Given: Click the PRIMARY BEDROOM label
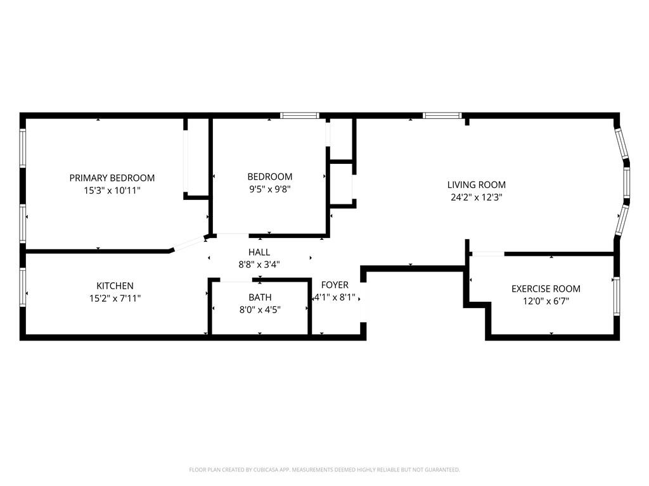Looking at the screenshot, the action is tap(112, 178).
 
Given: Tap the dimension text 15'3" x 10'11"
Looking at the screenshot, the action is tap(112, 190).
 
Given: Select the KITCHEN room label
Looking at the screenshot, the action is tap(115, 286).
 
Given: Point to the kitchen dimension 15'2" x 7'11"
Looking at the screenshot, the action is tap(115, 299).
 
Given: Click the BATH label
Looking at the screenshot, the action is tap(260, 297).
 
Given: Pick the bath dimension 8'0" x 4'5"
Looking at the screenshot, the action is tap(260, 309).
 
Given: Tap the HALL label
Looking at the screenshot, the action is tap(259, 252).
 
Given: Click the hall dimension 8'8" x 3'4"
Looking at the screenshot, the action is tap(259, 265).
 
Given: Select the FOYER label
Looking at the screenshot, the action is tap(335, 285).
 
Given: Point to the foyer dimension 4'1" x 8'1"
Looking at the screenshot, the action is tap(335, 297).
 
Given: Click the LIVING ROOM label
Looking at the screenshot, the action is tap(477, 185).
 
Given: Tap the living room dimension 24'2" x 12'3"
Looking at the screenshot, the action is tap(477, 197).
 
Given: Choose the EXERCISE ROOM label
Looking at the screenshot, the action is tap(546, 289).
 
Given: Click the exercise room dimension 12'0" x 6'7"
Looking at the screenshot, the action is tap(546, 301).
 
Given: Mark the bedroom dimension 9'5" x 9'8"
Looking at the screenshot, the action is tap(270, 189).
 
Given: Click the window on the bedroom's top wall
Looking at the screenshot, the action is tap(300, 115).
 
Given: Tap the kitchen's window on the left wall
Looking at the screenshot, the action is tap(23, 287).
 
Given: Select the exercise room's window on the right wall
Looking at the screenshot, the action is tap(617, 296).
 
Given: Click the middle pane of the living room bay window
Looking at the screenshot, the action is tap(627, 182).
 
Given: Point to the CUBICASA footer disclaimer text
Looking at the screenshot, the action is tap(324, 470).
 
